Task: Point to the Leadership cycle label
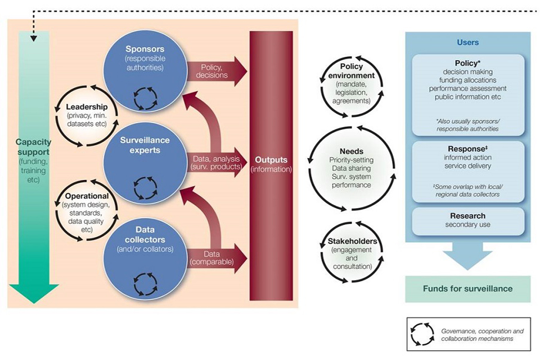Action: pyautogui.click(x=87, y=107)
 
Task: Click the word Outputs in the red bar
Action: pyautogui.click(x=271, y=160)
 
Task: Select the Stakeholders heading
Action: pyautogui.click(x=352, y=242)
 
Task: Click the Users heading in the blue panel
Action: pyautogui.click(x=467, y=42)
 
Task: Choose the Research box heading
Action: pyautogui.click(x=467, y=216)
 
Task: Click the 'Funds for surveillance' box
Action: pyautogui.click(x=467, y=289)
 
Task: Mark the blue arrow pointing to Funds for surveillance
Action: pyautogui.click(x=467, y=256)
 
